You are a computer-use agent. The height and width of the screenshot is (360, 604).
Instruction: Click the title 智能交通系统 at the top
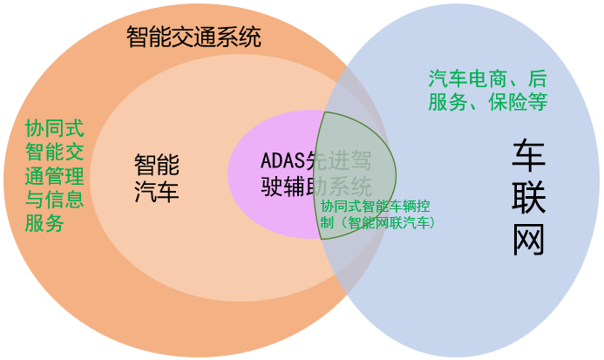click(x=193, y=37)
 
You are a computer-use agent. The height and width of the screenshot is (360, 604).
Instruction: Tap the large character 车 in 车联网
click(x=529, y=154)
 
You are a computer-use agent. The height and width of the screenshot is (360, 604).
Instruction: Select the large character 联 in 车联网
click(x=529, y=198)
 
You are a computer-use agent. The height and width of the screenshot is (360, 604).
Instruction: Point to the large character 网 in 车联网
click(x=529, y=240)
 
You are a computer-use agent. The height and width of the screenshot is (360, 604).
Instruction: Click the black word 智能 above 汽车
click(x=156, y=163)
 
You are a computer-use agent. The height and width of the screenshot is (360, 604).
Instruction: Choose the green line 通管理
click(x=55, y=176)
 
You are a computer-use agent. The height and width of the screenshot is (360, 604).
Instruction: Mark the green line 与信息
click(x=55, y=200)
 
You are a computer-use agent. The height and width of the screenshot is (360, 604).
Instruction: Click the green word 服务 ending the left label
click(x=44, y=223)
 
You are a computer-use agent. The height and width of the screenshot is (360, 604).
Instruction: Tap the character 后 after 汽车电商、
click(x=537, y=77)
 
